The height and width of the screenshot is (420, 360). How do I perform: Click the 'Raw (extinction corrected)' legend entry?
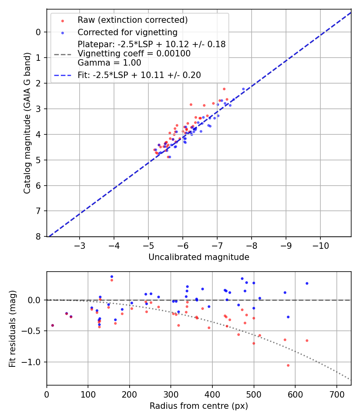[132, 20]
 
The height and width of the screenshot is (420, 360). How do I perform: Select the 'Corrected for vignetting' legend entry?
[127, 32]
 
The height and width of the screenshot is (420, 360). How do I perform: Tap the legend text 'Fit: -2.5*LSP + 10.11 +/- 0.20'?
[139, 75]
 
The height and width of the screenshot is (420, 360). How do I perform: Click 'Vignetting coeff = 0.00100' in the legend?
[134, 54]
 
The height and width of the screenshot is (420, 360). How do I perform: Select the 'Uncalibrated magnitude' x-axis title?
[199, 257]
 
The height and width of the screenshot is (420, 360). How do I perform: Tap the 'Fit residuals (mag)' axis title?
[12, 328]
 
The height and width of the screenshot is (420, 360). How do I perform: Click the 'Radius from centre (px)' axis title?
[199, 406]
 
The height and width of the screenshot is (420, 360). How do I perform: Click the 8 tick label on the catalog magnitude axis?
[38, 237]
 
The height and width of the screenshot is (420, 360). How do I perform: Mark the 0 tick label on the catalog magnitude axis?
[38, 32]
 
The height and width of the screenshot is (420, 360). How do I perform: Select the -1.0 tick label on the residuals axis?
[33, 362]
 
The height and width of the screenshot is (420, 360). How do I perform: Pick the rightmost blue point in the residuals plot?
[307, 283]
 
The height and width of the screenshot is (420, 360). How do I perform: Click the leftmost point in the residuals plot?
[52, 325]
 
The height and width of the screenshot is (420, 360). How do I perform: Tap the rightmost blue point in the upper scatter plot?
[243, 89]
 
